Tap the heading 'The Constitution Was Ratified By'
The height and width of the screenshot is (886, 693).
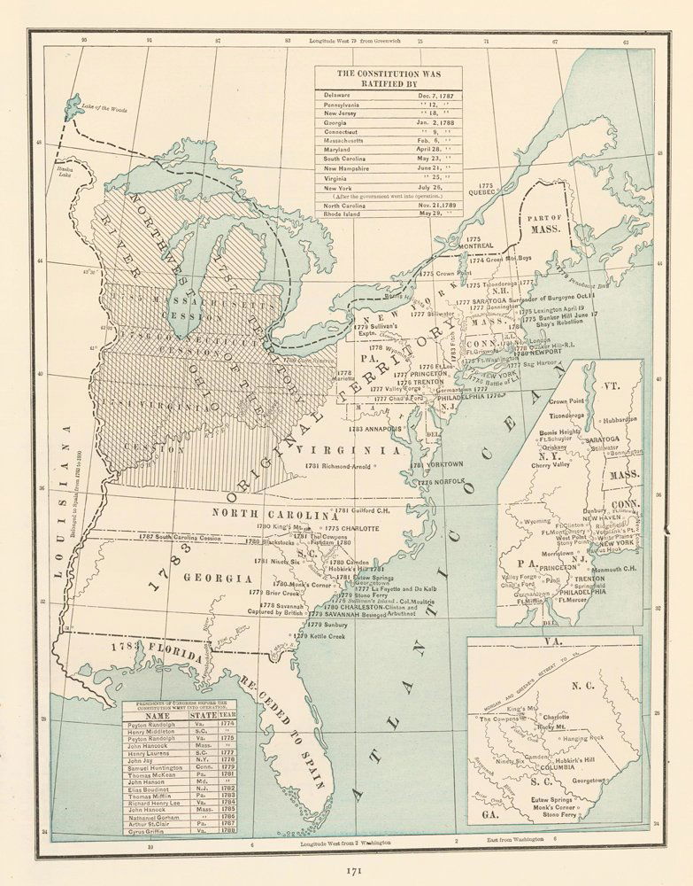point(389,77)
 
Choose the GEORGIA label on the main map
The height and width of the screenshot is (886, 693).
point(212,578)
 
